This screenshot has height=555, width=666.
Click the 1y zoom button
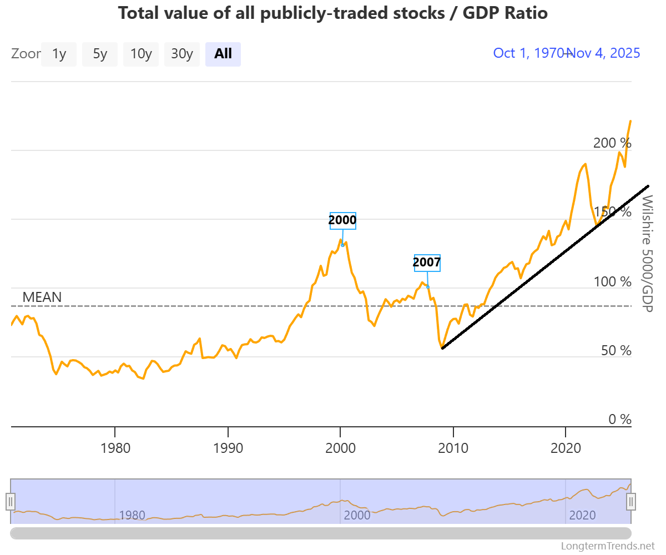(x=59, y=54)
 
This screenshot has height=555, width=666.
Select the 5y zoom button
(x=100, y=54)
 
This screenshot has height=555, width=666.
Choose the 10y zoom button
(x=141, y=54)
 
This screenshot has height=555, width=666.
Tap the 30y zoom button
(x=182, y=54)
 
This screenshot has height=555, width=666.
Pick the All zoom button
(x=223, y=54)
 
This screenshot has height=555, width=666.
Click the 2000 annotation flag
(x=342, y=220)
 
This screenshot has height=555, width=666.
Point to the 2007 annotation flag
(x=427, y=263)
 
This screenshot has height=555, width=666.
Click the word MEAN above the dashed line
(x=42, y=297)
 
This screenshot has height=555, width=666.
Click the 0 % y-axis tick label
(x=620, y=420)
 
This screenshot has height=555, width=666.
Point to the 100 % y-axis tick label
(x=612, y=282)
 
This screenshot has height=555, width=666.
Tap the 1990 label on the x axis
(x=228, y=447)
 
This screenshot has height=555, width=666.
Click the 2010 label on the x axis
(x=453, y=447)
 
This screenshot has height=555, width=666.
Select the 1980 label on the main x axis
(x=115, y=447)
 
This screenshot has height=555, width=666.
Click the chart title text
(x=333, y=13)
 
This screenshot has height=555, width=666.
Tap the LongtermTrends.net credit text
(x=608, y=546)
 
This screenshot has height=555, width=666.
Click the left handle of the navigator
(x=11, y=501)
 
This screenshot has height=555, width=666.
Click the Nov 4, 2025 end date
(x=606, y=53)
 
